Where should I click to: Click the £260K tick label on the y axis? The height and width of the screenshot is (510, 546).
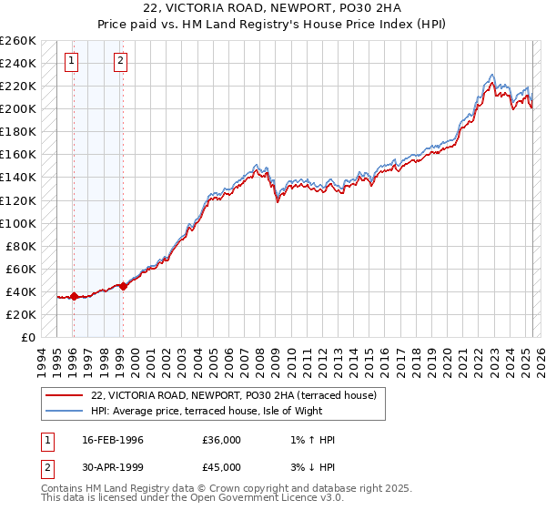[18, 41]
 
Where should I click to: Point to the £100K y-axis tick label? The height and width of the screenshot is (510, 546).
[18, 223]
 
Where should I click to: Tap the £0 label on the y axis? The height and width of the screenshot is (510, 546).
[27, 338]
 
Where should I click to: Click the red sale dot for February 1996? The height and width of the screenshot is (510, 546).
[74, 296]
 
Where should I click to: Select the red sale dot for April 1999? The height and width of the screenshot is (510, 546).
[123, 286]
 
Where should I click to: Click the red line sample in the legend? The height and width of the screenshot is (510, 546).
[66, 394]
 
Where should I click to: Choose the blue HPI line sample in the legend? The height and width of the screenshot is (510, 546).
[66, 411]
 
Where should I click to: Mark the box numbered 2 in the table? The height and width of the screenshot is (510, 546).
[46, 469]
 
